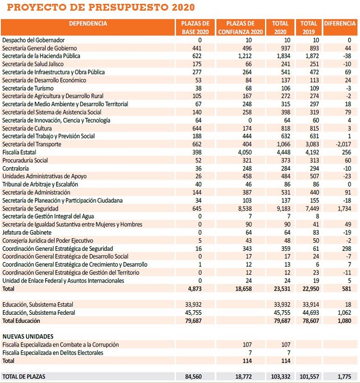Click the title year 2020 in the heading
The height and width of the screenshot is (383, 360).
pos(183,7)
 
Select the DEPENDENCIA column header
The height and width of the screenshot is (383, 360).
pos(88,24)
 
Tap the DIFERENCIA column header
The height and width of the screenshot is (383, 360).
pos(340,24)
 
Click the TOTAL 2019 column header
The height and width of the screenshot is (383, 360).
pos(309,27)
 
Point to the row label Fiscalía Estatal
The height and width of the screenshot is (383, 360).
pos(19,152)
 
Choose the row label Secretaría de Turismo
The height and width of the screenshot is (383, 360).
pos(28,88)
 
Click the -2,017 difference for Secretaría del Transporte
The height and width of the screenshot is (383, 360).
pos(343,144)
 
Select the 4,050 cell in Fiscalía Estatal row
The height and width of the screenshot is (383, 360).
pos(245,152)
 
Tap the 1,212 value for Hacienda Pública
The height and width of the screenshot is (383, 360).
pos(245,56)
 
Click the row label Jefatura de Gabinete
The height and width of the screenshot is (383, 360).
pos(27,233)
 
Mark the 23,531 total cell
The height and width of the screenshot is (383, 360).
pos(282,289)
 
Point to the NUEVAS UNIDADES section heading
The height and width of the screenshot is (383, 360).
pos(28,336)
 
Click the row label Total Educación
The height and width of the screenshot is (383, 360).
pos(21,321)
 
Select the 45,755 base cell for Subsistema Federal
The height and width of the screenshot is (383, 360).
pos(193,313)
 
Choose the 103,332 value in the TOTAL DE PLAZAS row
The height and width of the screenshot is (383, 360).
pos(280,377)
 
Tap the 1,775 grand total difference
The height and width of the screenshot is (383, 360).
pos(344,377)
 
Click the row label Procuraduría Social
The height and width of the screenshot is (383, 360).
pos(25,161)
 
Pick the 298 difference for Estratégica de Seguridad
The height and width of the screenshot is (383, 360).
pos(347,248)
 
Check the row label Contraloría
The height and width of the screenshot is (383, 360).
pos(16,169)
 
